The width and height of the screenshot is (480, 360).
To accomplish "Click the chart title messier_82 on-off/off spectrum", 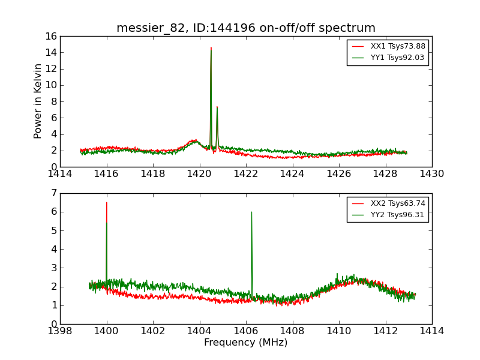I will point(246,28).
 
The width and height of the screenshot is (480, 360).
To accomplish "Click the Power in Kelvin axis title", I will point(38,101).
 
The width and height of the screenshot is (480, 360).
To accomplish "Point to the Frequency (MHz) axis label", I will point(246,343).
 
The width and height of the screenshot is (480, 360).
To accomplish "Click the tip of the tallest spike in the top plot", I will point(211,47).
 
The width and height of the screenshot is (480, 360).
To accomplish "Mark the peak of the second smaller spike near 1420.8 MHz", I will point(217,107).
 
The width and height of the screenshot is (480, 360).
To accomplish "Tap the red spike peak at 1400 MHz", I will point(107,203).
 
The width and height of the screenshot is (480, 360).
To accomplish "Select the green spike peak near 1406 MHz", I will point(251,212).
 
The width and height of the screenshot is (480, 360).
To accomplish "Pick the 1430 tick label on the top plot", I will point(431,174).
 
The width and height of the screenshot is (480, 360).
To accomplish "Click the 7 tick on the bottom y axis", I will point(53,193).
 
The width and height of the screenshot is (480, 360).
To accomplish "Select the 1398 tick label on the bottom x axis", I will point(60,331).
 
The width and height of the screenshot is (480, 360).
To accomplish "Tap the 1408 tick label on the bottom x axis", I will point(292,331).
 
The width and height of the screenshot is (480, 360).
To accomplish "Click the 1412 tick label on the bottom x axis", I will point(385,331).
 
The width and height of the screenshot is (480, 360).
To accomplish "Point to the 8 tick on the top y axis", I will point(53,101).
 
